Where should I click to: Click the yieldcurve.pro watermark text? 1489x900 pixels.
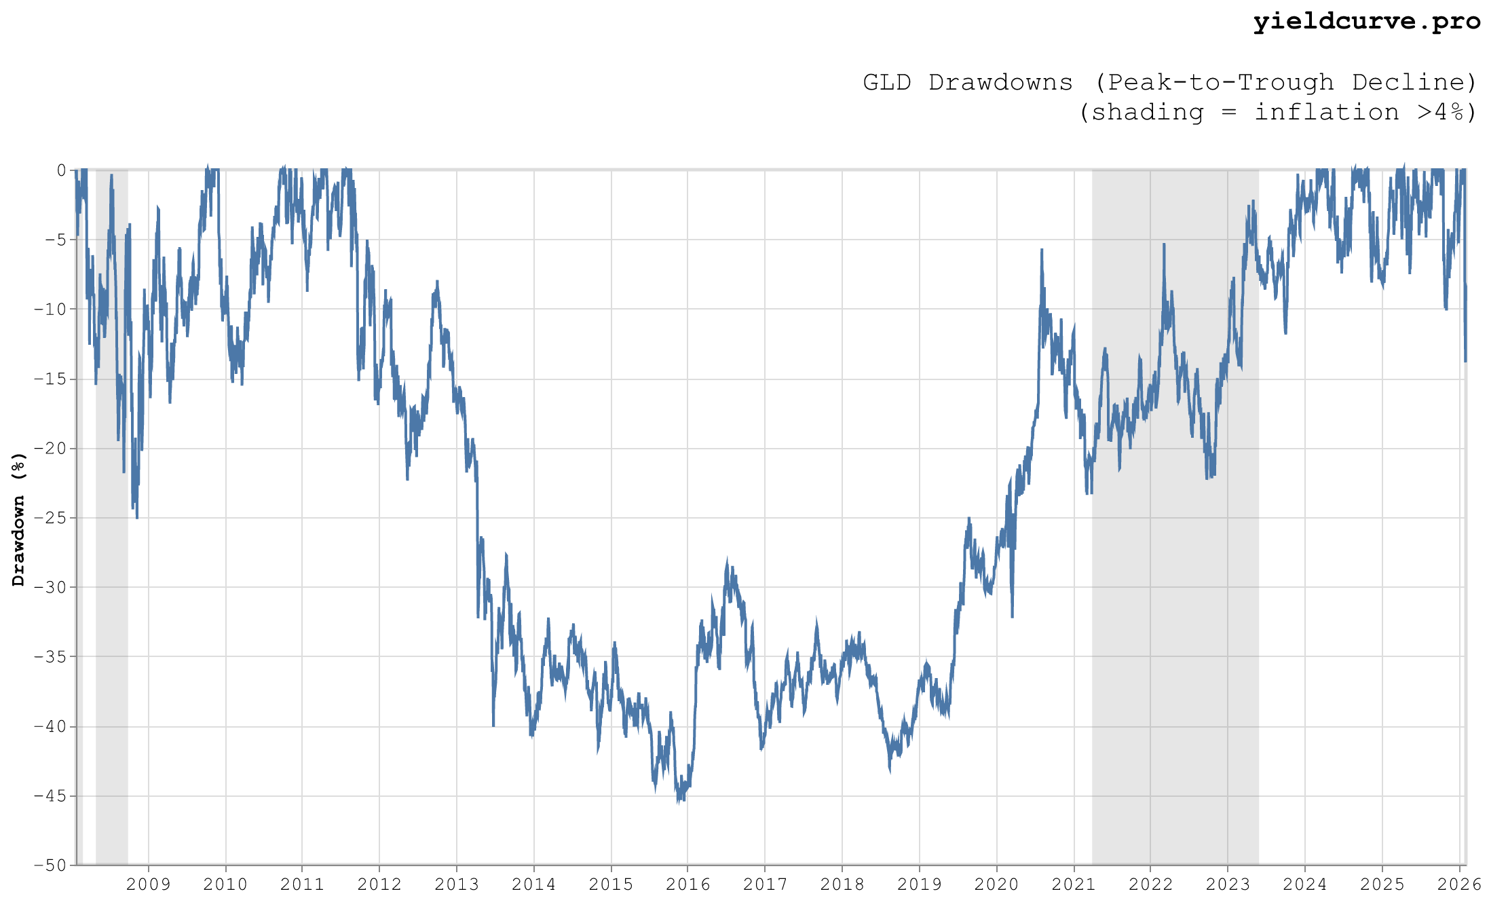[x=1366, y=22]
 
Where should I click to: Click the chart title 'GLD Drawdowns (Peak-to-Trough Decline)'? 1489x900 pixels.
[x=1169, y=82]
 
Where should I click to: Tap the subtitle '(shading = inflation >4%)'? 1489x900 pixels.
[x=1277, y=112]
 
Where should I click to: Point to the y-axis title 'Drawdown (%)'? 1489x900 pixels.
[x=18, y=519]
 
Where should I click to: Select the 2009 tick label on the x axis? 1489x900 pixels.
[x=149, y=884]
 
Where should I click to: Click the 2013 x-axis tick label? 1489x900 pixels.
[x=457, y=884]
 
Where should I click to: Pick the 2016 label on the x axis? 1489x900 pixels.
[x=687, y=884]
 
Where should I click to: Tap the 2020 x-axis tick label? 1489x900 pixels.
[x=996, y=884]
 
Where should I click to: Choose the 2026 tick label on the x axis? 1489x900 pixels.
[x=1459, y=884]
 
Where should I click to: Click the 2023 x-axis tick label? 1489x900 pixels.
[x=1227, y=884]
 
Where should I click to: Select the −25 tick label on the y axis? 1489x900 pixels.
[x=50, y=518]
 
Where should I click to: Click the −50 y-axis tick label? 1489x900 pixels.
[x=50, y=865]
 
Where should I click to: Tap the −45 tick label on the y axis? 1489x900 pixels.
[x=50, y=795]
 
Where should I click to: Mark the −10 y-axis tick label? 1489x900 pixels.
[x=50, y=310]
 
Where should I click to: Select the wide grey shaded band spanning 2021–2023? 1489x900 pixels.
[x=1175, y=611]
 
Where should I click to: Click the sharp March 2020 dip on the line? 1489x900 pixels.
[x=1012, y=614]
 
